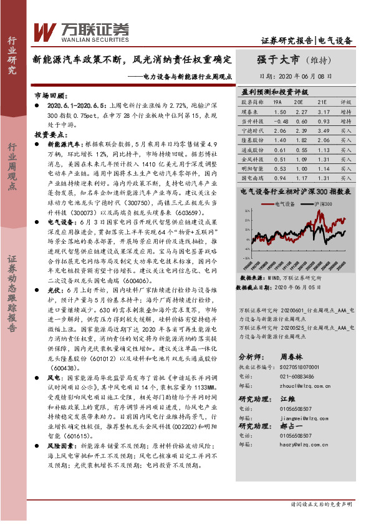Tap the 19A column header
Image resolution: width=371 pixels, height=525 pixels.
[x=277, y=101]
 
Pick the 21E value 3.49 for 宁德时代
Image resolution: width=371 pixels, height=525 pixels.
[x=322, y=132]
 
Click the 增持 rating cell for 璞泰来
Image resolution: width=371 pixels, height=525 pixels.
[x=347, y=111]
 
